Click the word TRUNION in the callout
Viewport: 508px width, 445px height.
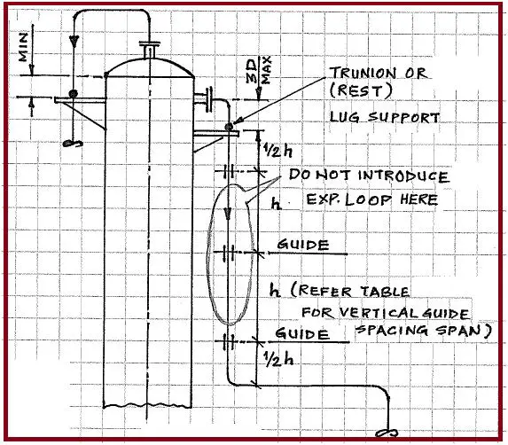(363, 73)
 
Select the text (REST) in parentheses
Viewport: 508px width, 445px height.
(361, 90)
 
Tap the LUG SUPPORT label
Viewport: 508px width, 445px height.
(385, 117)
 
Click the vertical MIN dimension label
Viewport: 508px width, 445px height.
(24, 46)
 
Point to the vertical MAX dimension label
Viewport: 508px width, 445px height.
(266, 71)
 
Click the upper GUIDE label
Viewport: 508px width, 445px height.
(303, 245)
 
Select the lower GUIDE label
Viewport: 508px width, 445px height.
(302, 333)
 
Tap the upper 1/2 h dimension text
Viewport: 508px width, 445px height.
(277, 150)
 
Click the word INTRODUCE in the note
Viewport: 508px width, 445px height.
(403, 176)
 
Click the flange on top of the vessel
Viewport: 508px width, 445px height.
(149, 43)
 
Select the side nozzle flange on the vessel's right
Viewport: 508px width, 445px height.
(209, 98)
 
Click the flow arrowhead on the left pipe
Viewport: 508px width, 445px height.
(74, 41)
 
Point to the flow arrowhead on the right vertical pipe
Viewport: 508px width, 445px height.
(228, 215)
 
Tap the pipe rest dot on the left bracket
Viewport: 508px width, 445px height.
(74, 94)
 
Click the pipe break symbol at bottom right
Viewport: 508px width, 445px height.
(387, 433)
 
